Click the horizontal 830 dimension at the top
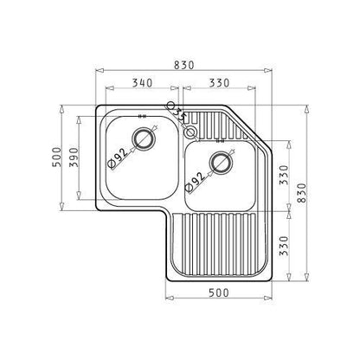click(x=183, y=65)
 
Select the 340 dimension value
click(x=142, y=83)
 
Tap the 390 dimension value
click(x=74, y=157)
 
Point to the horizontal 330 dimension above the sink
click(x=219, y=83)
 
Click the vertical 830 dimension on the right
click(x=301, y=193)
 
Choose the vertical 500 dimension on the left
click(x=57, y=157)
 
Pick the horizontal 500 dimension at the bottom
click(x=219, y=292)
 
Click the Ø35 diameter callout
click(x=177, y=112)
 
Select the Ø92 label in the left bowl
click(x=118, y=158)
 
